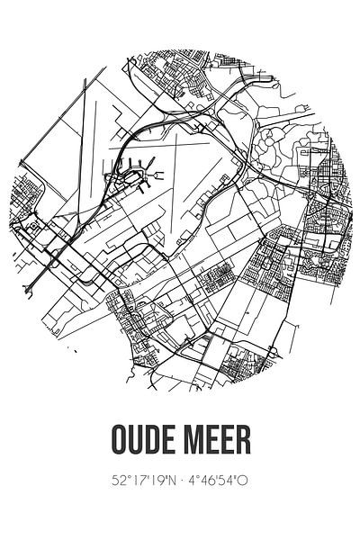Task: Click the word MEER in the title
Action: click(x=220, y=448)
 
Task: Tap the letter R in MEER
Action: click(x=245, y=448)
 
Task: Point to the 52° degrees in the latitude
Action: click(x=111, y=482)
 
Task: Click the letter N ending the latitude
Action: click(x=167, y=482)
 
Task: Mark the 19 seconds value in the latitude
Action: click(x=153, y=482)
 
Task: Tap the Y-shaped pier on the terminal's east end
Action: click(x=153, y=165)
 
